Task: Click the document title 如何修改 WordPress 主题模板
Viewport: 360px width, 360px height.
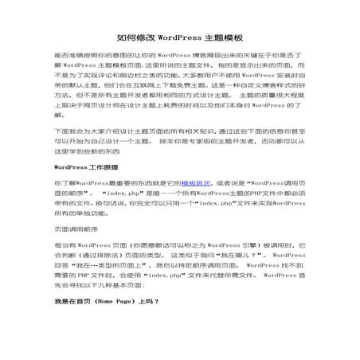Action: click(180, 37)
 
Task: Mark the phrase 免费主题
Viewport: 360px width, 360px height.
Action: click(185, 92)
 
